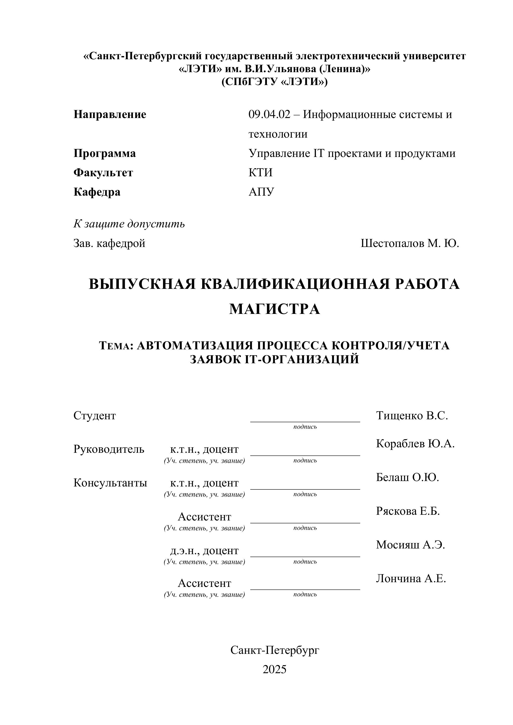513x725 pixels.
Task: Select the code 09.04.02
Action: tap(269, 114)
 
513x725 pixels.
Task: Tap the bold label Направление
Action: tap(110, 114)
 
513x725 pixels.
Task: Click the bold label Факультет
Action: tap(103, 173)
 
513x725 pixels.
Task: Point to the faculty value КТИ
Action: tap(260, 173)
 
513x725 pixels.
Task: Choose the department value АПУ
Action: tap(261, 192)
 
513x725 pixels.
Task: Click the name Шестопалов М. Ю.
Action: tap(410, 243)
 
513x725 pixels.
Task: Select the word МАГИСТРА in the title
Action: tap(274, 309)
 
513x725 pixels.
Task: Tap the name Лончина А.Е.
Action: tap(411, 578)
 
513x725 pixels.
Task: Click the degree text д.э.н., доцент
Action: tap(204, 550)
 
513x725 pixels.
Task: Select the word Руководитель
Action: tap(109, 449)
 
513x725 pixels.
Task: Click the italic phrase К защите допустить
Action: tap(129, 224)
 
